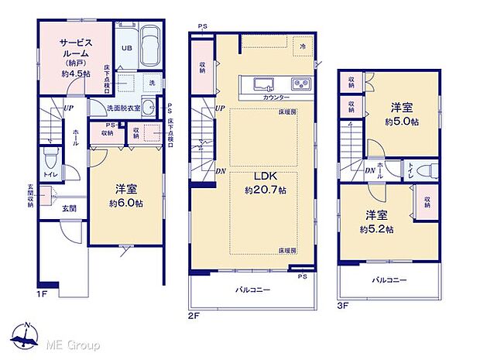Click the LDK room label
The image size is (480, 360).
click(262, 176)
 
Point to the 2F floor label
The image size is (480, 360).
click(194, 315)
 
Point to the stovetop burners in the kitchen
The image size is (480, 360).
click(300, 84)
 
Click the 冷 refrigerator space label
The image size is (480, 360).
click(303, 46)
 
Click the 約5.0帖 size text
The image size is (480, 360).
click(403, 122)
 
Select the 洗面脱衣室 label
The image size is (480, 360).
click(125, 108)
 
